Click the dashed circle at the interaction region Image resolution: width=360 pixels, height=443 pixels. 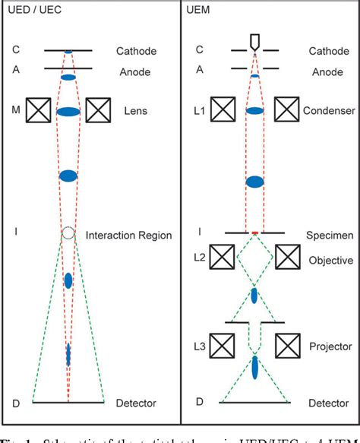coord(68,233)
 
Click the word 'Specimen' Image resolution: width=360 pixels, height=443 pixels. coord(329,236)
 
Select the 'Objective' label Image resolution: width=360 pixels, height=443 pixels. coord(329,260)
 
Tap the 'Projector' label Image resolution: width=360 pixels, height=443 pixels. coord(328,346)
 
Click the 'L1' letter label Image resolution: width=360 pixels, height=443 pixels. coord(199,111)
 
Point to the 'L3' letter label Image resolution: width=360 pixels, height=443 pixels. coord(199,346)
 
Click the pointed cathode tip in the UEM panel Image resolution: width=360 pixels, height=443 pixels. coord(254,41)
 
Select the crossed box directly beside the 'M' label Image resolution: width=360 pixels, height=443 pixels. coord(39,111)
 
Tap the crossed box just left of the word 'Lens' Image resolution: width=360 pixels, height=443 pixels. coord(99,111)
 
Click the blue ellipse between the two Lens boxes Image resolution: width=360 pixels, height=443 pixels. coord(68,112)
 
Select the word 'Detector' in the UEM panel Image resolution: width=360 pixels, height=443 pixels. coord(329,402)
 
